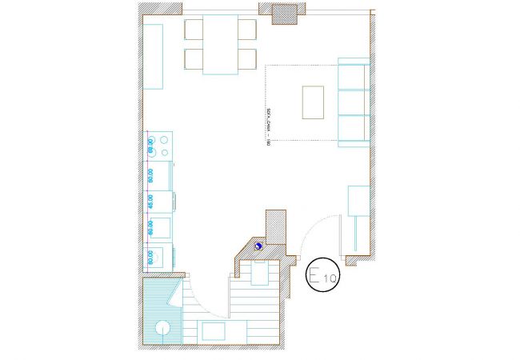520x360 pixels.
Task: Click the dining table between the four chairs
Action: pyautogui.click(x=220, y=44)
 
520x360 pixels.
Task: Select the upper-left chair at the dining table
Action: pyautogui.click(x=194, y=30)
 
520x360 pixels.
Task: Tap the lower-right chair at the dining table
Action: pyautogui.click(x=246, y=59)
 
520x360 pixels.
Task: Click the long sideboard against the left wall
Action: pyautogui.click(x=154, y=55)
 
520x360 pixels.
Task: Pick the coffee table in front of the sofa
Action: pyautogui.click(x=311, y=102)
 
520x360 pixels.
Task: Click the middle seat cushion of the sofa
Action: pyautogui.click(x=352, y=102)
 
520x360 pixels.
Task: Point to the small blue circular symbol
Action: pyautogui.click(x=258, y=246)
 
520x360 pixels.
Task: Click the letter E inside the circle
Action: pyautogui.click(x=316, y=275)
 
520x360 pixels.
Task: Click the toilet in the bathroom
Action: pyautogui.click(x=260, y=274)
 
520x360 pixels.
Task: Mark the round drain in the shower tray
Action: pyautogui.click(x=163, y=327)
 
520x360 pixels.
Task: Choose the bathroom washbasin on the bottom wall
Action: pyautogui.click(x=214, y=331)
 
